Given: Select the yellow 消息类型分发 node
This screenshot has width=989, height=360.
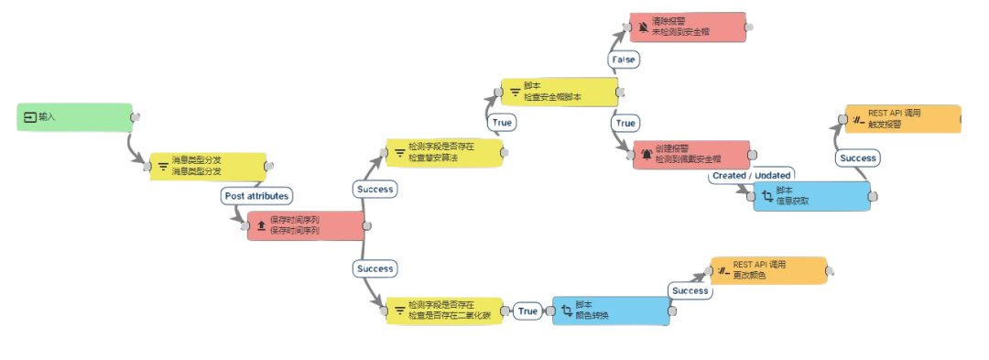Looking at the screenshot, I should pyautogui.click(x=208, y=167).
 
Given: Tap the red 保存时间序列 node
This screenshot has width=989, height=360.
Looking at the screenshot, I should pyautogui.click(x=305, y=226).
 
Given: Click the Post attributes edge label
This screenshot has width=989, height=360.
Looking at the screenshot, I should pyautogui.click(x=256, y=196).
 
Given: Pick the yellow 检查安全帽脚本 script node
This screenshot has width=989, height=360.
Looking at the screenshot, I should pyautogui.click(x=560, y=92).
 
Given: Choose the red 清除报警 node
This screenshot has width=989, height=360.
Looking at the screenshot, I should pyautogui.click(x=688, y=26).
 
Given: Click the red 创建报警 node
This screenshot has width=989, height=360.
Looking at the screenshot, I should pyautogui.click(x=691, y=154).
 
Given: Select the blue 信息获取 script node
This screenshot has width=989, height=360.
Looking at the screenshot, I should pyautogui.click(x=810, y=196).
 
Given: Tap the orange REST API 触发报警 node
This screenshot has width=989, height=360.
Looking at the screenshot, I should pyautogui.click(x=902, y=119).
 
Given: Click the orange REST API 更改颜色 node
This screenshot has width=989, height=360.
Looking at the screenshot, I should pyautogui.click(x=768, y=270).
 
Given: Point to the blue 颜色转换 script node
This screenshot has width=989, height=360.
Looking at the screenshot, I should pyautogui.click(x=610, y=311).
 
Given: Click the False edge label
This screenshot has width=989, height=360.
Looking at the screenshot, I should pyautogui.click(x=624, y=59).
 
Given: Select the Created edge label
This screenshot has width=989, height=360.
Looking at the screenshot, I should pyautogui.click(x=730, y=175).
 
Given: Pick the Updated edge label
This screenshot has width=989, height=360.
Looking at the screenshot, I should pyautogui.click(x=772, y=175).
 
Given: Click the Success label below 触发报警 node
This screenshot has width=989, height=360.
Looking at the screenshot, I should pyautogui.click(x=858, y=158).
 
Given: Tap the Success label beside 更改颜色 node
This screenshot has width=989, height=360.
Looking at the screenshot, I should pyautogui.click(x=689, y=290).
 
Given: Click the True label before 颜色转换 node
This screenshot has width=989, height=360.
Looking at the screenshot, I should pyautogui.click(x=528, y=311).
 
